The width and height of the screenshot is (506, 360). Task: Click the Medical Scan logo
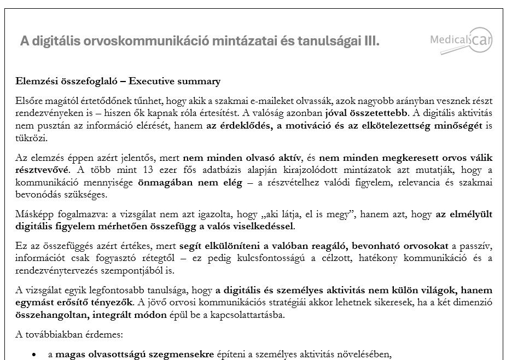click(461, 40)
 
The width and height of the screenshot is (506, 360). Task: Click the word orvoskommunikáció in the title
click(147, 42)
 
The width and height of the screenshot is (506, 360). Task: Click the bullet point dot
click(34, 355)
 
